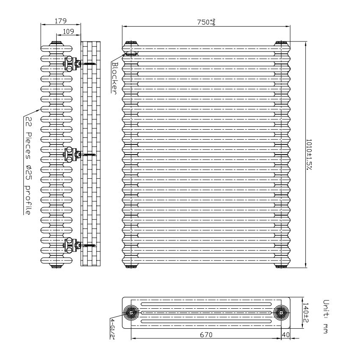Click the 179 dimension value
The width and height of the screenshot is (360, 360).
coord(61,21)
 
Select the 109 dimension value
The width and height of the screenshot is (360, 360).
coord(68,31)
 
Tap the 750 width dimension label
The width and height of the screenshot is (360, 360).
coord(206,22)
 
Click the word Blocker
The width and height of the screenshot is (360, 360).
coord(114,78)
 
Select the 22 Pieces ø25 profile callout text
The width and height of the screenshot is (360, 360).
coord(28,166)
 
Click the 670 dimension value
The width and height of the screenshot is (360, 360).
coord(206,335)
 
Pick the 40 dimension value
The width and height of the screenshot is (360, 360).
coord(285,335)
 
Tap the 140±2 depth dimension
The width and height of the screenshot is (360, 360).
coord(306,312)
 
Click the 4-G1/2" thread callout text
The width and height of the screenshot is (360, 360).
coord(113,329)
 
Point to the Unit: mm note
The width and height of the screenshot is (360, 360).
coord(326,316)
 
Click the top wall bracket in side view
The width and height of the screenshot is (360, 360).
coord(72,64)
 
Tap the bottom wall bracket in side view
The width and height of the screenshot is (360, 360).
coord(72,245)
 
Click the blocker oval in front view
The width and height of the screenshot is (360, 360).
coord(131,54)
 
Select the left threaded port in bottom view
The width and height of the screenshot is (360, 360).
coord(131,312)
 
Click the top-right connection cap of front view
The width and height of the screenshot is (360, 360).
coord(281,43)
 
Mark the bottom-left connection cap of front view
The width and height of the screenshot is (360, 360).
coord(131,266)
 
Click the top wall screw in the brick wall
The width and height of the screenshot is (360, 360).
coord(89,64)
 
